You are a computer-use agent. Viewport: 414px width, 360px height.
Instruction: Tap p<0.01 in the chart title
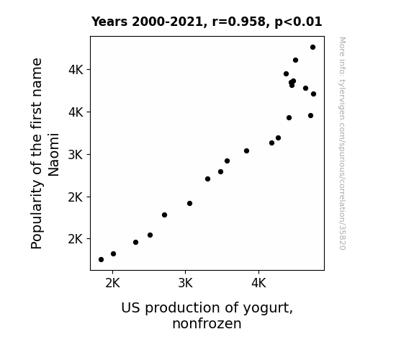(x=298, y=22)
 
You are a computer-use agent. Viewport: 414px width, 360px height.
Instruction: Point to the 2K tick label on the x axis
(x=113, y=284)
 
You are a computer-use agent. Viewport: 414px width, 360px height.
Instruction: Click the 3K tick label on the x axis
(x=185, y=284)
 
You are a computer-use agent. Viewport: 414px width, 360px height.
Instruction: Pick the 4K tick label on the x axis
(x=258, y=284)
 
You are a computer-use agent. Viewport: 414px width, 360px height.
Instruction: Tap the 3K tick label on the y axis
(x=76, y=155)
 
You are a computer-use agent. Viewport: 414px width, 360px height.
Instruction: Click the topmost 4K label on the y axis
(x=76, y=70)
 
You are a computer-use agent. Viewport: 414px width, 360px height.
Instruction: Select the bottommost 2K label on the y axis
(x=76, y=239)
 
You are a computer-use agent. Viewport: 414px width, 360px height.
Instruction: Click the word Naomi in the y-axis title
(x=53, y=155)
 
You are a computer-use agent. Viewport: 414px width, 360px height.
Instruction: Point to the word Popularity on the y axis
(x=37, y=215)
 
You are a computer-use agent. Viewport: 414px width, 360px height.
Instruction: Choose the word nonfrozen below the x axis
(x=207, y=323)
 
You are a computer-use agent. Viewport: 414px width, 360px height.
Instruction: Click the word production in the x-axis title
(x=182, y=308)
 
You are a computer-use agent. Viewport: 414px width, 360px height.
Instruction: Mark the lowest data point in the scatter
(x=101, y=260)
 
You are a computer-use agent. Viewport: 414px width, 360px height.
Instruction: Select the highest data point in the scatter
(x=313, y=48)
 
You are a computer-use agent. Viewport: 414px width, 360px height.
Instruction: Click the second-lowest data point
(x=113, y=254)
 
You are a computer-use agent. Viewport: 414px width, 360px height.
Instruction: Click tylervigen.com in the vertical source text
(x=343, y=102)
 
